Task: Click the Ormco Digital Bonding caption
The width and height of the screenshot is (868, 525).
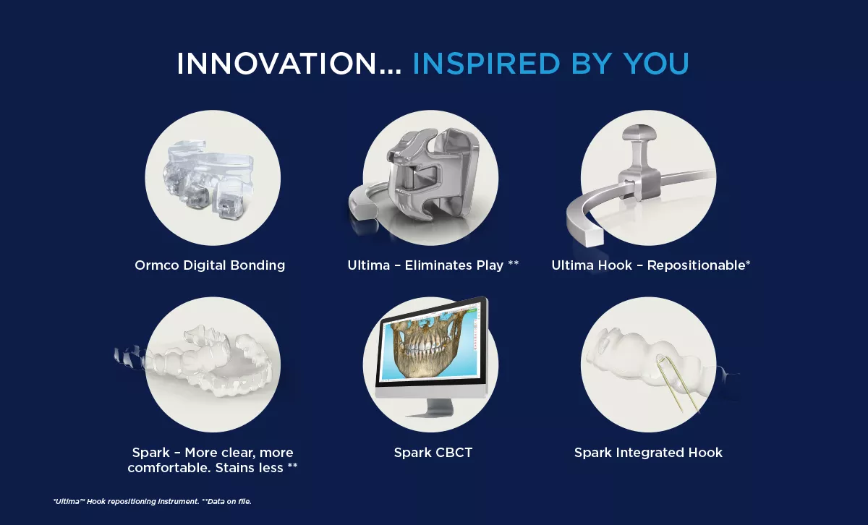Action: pos(210,265)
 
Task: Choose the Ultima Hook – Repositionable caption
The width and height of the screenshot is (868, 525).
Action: pos(650,265)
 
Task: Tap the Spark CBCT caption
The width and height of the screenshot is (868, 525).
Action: pos(433,453)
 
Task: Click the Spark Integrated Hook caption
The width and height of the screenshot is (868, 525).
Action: pos(648,453)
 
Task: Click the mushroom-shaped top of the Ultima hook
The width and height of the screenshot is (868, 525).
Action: pos(642,135)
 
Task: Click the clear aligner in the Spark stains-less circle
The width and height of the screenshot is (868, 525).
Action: pos(210,362)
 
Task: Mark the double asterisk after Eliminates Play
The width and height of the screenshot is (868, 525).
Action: pos(514,265)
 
